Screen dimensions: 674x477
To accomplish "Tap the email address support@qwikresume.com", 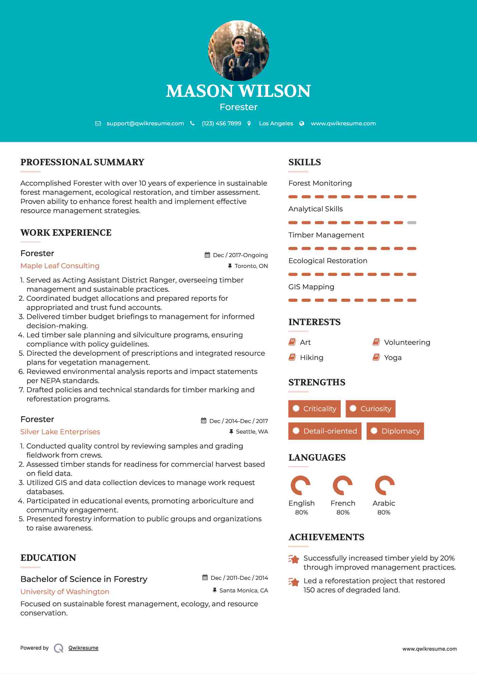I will point(145,124).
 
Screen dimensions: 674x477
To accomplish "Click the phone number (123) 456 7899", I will point(221,124).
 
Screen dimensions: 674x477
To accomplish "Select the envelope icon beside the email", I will point(98,124).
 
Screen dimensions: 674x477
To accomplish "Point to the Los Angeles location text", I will point(276,124).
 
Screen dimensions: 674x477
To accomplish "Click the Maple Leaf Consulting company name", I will point(60,266).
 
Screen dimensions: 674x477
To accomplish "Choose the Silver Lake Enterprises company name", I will point(60,432).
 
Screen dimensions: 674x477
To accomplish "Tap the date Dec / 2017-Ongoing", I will point(240,255).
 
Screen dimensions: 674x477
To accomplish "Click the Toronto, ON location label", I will point(251,266).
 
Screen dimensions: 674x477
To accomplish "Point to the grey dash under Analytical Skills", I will point(412,223).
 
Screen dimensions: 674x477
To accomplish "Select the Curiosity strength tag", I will point(371,409).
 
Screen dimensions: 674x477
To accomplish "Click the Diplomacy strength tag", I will point(395,431).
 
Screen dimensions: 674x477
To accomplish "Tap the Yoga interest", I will point(393,358).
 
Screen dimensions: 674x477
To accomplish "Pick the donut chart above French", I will point(343,485).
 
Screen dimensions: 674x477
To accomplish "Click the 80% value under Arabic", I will point(384,512).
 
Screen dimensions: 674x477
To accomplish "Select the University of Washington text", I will point(65,592).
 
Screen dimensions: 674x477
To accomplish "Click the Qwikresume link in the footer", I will point(83,648).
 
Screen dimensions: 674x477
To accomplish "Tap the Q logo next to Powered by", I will point(59,648).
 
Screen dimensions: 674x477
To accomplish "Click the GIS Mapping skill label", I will point(311,287).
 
